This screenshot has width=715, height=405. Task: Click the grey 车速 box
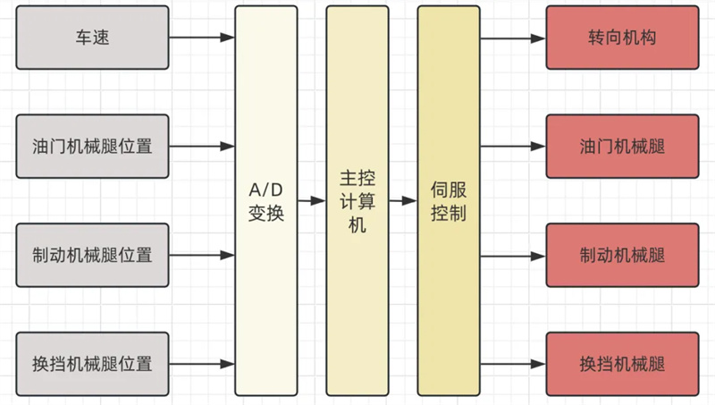[92, 38]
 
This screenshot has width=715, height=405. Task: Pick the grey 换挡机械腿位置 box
[92, 364]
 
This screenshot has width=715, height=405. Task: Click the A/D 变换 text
[266, 202]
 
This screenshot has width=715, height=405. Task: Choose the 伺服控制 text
[448, 202]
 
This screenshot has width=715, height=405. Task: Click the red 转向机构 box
[622, 38]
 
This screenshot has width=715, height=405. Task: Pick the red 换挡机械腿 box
[622, 364]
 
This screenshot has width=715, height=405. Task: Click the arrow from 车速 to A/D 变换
[201, 38]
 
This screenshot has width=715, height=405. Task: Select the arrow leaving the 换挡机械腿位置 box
[201, 364]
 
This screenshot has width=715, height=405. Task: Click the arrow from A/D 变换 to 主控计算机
[311, 201]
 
